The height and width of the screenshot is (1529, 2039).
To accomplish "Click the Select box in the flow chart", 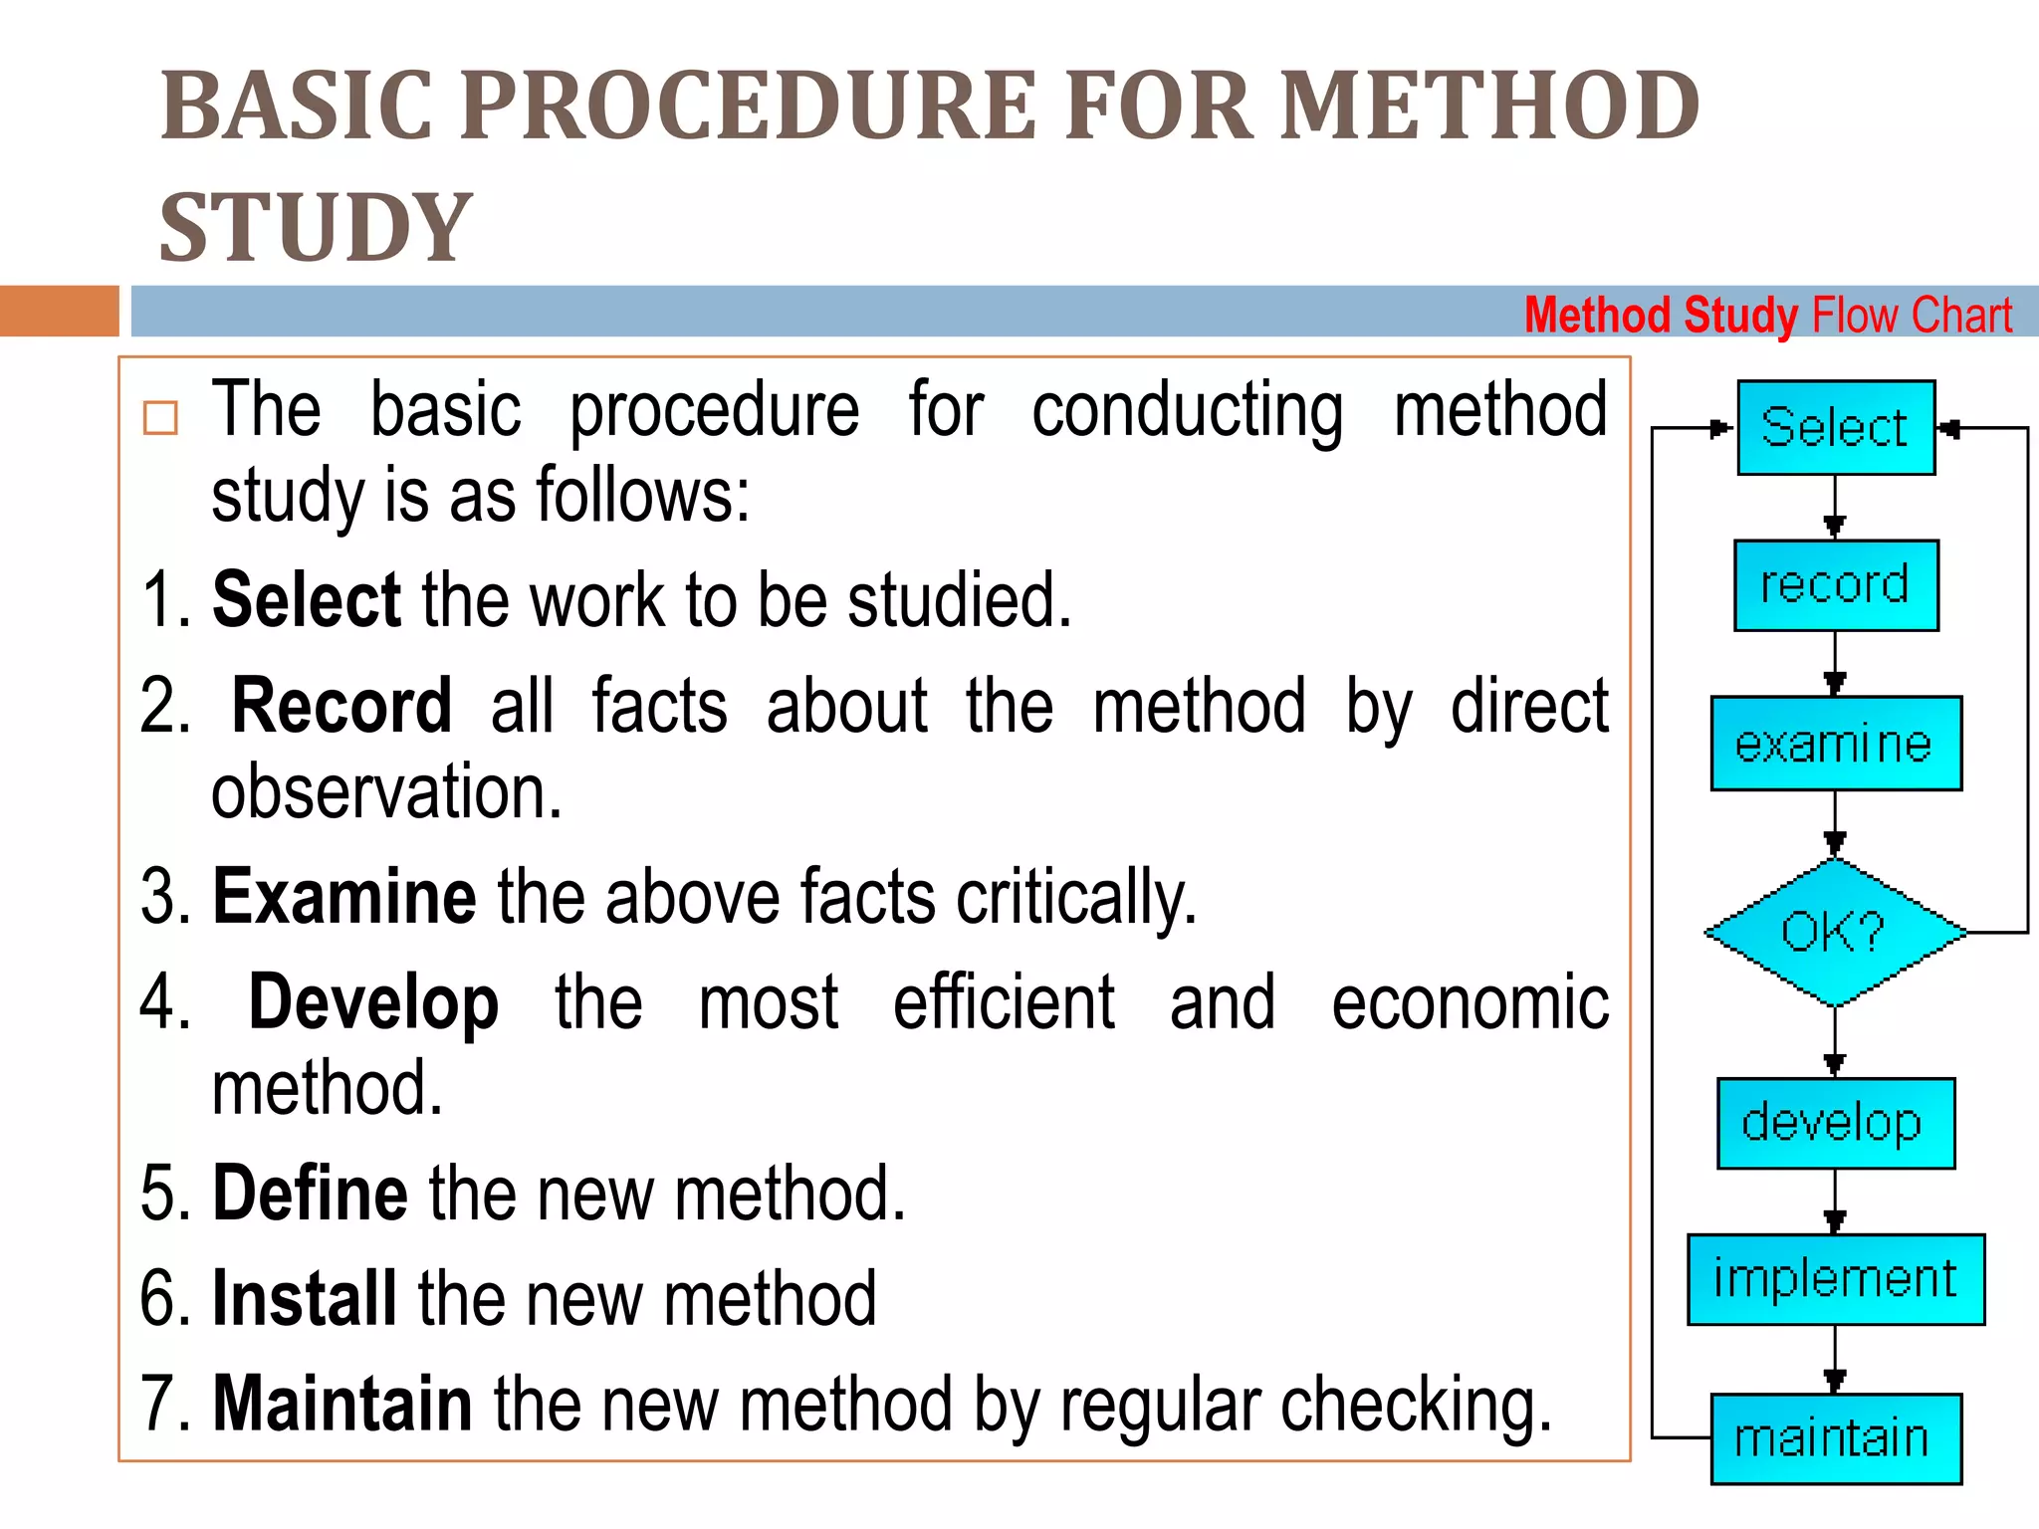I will click(x=1835, y=427).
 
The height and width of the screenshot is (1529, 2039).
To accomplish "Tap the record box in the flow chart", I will click(x=1835, y=585).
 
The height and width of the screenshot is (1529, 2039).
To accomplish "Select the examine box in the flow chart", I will click(x=1835, y=744).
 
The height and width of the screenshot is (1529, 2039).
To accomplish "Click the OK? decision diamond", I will click(x=1835, y=933).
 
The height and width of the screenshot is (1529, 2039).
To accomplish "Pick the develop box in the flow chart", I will click(x=1835, y=1123).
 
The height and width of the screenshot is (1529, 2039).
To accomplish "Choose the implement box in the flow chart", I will click(x=1835, y=1279).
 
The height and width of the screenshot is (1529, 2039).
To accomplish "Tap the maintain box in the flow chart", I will click(x=1835, y=1438).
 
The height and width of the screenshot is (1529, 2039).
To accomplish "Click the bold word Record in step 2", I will click(x=341, y=706).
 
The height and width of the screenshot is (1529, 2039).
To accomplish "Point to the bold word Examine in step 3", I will click(x=344, y=897).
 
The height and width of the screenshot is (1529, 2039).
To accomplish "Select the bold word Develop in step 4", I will click(x=373, y=1003).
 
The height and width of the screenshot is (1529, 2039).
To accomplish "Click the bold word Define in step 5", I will click(x=310, y=1193).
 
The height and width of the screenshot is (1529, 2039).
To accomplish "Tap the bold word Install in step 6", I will click(x=305, y=1298).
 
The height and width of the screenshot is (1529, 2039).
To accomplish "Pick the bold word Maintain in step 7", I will click(x=342, y=1404).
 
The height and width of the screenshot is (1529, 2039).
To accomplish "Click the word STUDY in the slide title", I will click(x=316, y=228).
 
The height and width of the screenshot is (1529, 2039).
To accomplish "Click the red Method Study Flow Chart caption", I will click(x=1767, y=316).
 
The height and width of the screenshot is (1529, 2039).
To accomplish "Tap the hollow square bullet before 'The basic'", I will click(x=160, y=418).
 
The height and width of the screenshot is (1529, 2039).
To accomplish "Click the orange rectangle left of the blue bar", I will click(x=59, y=311).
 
